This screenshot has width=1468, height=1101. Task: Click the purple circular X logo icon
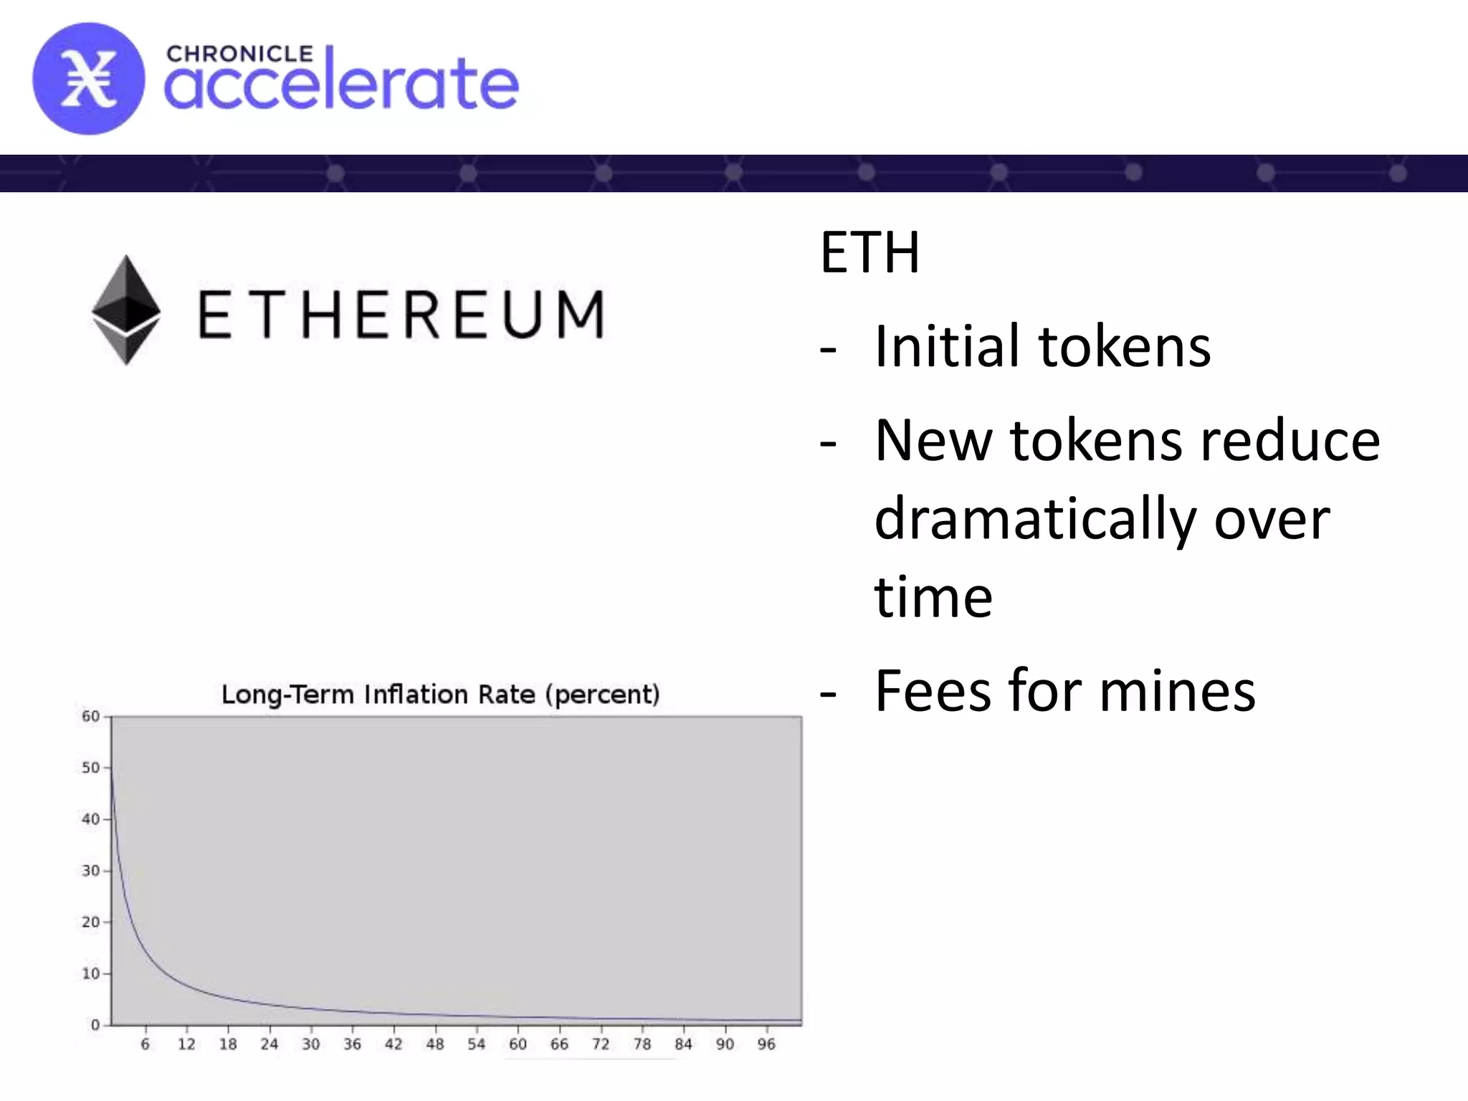coord(88,79)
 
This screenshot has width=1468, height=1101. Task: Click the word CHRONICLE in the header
coord(239,54)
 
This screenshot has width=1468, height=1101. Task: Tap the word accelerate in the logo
coord(341,85)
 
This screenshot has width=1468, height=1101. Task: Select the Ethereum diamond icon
coord(126,310)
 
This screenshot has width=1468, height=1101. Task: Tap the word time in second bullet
coord(933,597)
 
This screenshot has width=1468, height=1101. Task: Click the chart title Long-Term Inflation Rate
coord(440,695)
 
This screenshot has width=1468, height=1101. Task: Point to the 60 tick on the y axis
coord(90,716)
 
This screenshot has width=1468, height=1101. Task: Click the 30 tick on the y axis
coord(90,871)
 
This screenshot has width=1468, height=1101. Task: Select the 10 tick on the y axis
coord(90,973)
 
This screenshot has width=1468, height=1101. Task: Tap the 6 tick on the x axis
coord(145,1044)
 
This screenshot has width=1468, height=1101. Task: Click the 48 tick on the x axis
coord(435,1044)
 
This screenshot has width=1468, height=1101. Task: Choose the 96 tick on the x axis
coord(766,1044)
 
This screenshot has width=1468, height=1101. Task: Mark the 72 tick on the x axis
coord(601,1044)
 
